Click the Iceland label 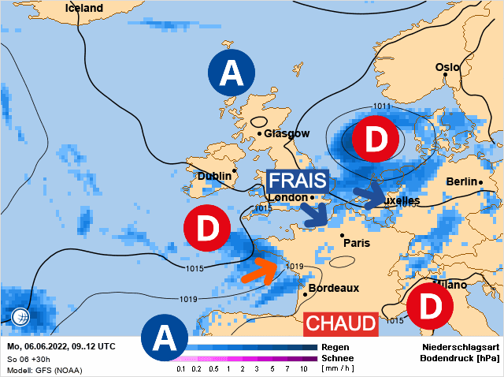point(83,8)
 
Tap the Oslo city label point(447,68)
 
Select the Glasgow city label point(287,133)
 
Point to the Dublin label point(213,176)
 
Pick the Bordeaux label point(334,289)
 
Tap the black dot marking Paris point(342,235)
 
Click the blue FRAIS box point(296,181)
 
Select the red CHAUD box point(340,323)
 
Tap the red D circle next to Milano point(430,307)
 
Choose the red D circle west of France point(206,230)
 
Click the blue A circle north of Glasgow point(231,73)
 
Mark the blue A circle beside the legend point(164,338)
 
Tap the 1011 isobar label point(383,106)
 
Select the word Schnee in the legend point(338,357)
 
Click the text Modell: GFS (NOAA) point(44,369)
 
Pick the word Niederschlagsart point(461,346)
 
